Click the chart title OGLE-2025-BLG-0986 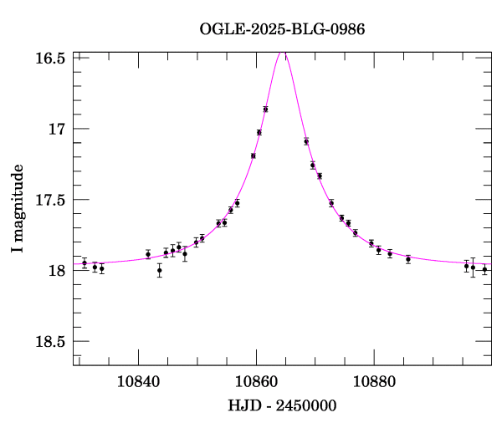coord(282,29)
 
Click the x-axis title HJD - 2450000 coord(282,405)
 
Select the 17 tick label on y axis coord(58,129)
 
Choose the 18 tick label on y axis coord(58,271)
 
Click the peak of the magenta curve coord(283,53)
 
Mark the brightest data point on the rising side coord(265,110)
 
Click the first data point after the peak coord(306,141)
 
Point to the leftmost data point coord(85,263)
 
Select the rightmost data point coord(484,269)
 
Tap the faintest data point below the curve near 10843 coord(159,270)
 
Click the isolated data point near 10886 coord(408,259)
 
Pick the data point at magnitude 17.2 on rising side coord(253,155)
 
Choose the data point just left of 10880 coord(371,243)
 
